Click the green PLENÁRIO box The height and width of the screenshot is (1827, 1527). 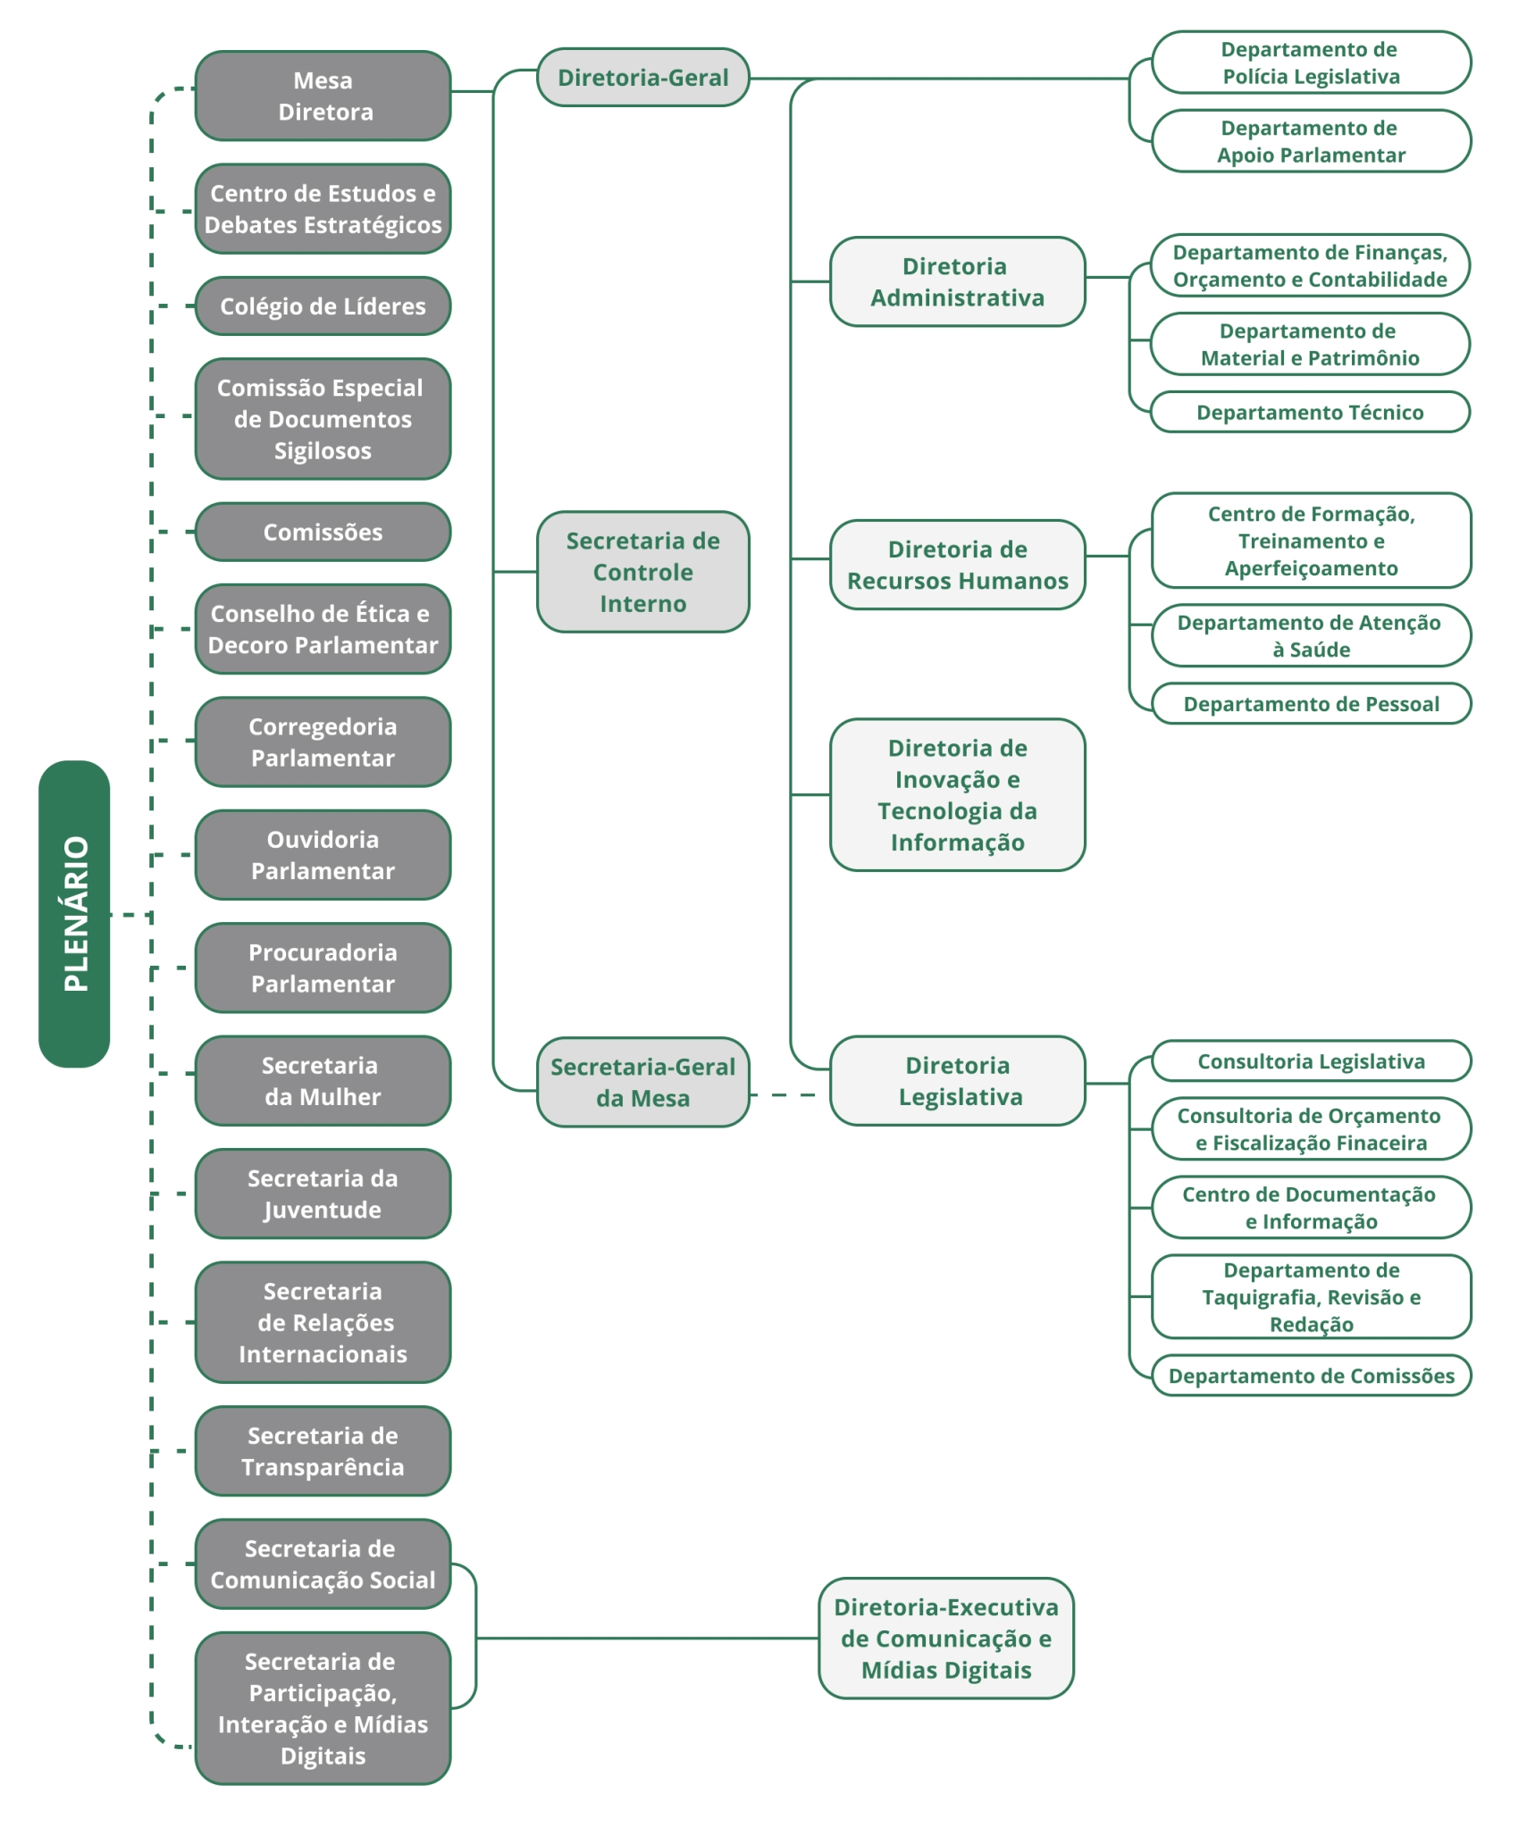pos(74,913)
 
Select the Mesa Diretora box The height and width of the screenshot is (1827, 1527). pos(323,96)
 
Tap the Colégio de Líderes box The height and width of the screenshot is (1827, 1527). pos(323,306)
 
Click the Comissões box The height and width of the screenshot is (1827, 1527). pos(323,532)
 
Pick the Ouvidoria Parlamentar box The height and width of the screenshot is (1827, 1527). pos(323,855)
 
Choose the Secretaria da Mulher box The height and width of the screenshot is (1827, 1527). pos(323,1081)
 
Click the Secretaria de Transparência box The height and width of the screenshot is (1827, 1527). pos(323,1451)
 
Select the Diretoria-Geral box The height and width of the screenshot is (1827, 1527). pos(642,78)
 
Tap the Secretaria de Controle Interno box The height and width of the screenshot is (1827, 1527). pos(642,572)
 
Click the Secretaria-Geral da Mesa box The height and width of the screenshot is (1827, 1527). pos(642,1082)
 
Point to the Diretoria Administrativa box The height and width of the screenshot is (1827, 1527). pos(957,281)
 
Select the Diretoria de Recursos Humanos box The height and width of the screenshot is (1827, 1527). pos(957,565)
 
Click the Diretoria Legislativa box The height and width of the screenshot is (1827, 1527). pos(957,1081)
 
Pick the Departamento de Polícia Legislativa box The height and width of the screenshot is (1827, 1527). pos(1311,63)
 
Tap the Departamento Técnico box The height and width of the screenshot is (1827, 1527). pos(1310,412)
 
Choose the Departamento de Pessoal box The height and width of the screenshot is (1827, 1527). pos(1311,704)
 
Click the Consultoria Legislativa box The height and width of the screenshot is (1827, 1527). pos(1311,1061)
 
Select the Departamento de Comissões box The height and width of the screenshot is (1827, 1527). pos(1311,1376)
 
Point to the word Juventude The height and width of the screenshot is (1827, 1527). pos(323,1211)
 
